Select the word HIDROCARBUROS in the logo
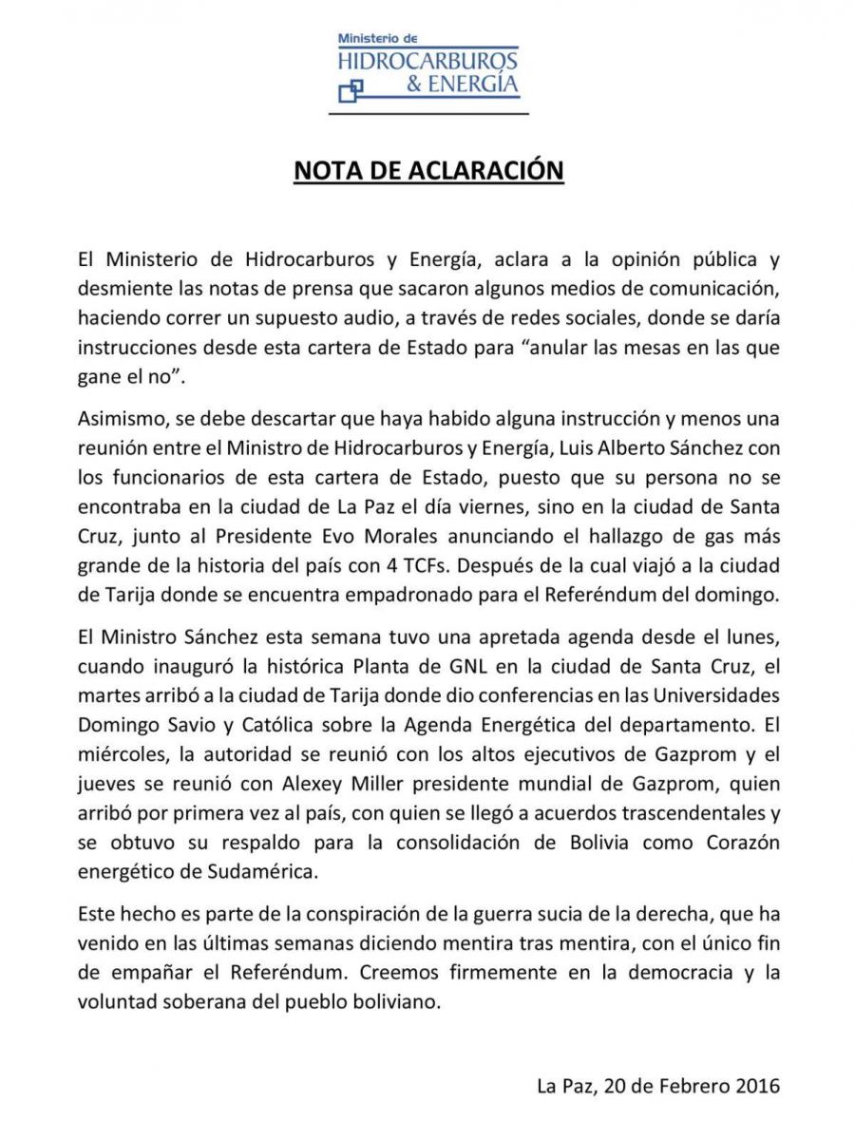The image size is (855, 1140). [428, 61]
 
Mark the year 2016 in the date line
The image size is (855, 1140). [757, 1084]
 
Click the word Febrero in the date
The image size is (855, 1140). [693, 1084]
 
